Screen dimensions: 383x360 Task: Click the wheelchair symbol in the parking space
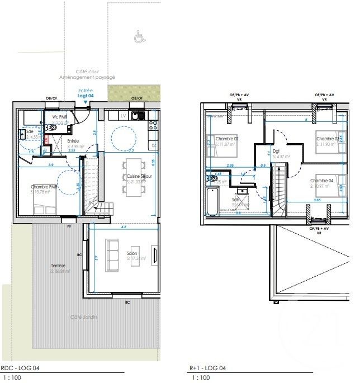coord(138,37)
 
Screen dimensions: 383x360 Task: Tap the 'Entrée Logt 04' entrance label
coord(85,93)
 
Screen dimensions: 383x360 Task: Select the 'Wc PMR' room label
coord(60,117)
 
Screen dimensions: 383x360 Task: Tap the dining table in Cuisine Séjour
coord(132,177)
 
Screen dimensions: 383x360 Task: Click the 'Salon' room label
coord(133,253)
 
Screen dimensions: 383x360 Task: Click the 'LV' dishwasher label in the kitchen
coord(122,115)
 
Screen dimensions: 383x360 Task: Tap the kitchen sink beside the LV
coord(135,116)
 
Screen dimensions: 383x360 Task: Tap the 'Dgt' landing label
coord(276,151)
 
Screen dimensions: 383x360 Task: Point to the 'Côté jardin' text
coord(83,317)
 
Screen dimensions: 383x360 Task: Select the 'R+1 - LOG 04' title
coord(207,368)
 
